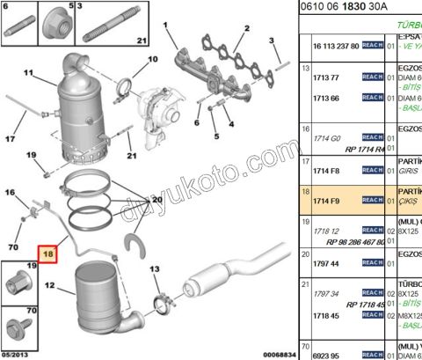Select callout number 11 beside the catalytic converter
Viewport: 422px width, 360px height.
pyautogui.click(x=27, y=73)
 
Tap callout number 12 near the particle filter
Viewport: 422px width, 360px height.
pyautogui.click(x=49, y=285)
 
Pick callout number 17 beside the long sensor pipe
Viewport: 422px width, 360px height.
pyautogui.click(x=12, y=138)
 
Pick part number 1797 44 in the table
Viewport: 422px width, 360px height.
pyautogui.click(x=328, y=263)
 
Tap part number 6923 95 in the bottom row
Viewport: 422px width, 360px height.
pyautogui.click(x=328, y=354)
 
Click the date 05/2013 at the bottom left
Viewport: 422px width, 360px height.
pyautogui.click(x=18, y=354)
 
